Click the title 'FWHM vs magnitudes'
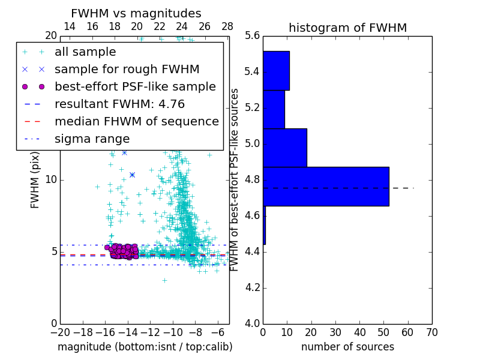pyautogui.click(x=136, y=14)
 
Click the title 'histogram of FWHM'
pyautogui.click(x=347, y=28)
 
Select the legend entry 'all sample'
pyautogui.click(x=85, y=52)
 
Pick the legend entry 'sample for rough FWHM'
pyautogui.click(x=127, y=69)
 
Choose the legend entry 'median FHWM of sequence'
pyautogui.click(x=136, y=121)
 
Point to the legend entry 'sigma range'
pyautogui.click(x=92, y=139)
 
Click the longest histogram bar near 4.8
pyautogui.click(x=326, y=186)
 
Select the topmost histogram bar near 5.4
pyautogui.click(x=276, y=70)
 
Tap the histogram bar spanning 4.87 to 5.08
pyautogui.click(x=285, y=148)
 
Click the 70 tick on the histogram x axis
pyautogui.click(x=431, y=332)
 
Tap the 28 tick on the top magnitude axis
pyautogui.click(x=227, y=26)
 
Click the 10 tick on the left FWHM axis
pyautogui.click(x=51, y=180)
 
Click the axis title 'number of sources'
pyautogui.click(x=347, y=347)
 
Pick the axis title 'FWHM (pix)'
pyautogui.click(x=35, y=180)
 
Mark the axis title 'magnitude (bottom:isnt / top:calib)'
pyautogui.click(x=145, y=347)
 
